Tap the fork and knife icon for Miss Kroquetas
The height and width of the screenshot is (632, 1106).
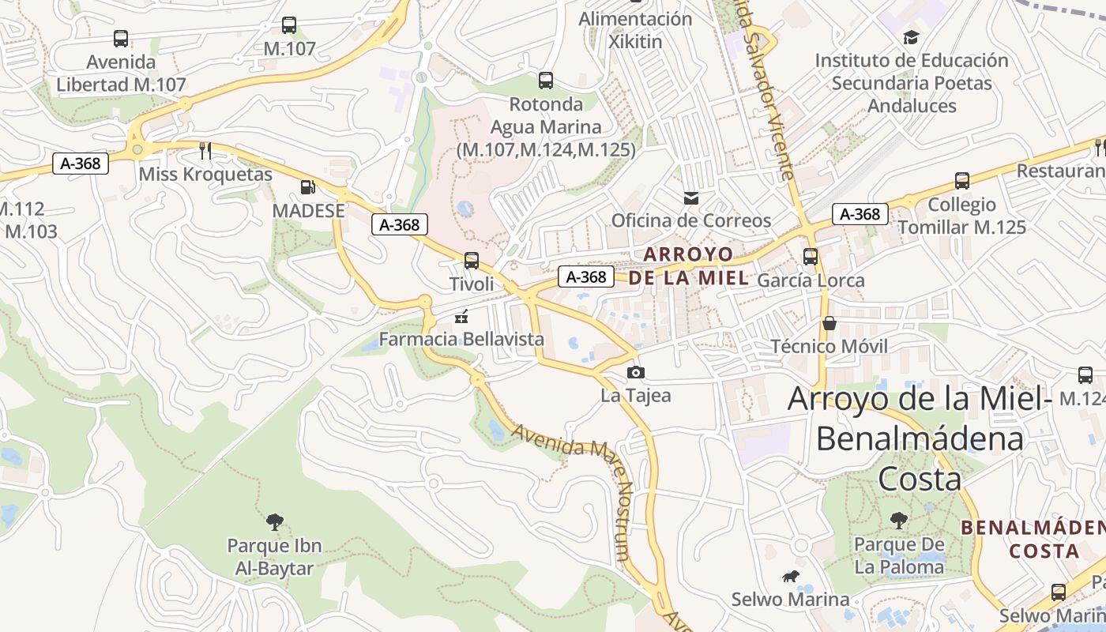click(x=205, y=150)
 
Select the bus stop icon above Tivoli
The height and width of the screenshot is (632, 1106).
click(x=472, y=260)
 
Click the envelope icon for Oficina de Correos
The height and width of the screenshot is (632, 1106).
click(x=691, y=197)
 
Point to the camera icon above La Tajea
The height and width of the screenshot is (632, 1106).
click(x=635, y=372)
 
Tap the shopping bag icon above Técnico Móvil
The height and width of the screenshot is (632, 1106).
click(x=829, y=323)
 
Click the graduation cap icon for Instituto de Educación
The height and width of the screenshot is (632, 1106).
click(x=912, y=37)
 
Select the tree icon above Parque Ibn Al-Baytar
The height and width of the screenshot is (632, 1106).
click(x=274, y=521)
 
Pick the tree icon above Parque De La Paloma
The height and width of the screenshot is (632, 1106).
click(x=898, y=520)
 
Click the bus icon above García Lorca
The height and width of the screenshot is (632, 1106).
click(x=811, y=257)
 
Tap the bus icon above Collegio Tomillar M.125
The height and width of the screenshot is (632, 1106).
click(x=961, y=181)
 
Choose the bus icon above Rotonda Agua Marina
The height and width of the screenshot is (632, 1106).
click(x=545, y=80)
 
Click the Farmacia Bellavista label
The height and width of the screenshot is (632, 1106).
click(x=461, y=339)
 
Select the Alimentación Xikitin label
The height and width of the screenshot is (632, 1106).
click(x=635, y=29)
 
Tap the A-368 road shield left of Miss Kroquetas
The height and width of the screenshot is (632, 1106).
click(x=80, y=164)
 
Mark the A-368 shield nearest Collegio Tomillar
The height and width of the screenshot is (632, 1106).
click(x=860, y=214)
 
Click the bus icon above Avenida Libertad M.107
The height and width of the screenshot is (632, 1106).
click(x=121, y=38)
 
